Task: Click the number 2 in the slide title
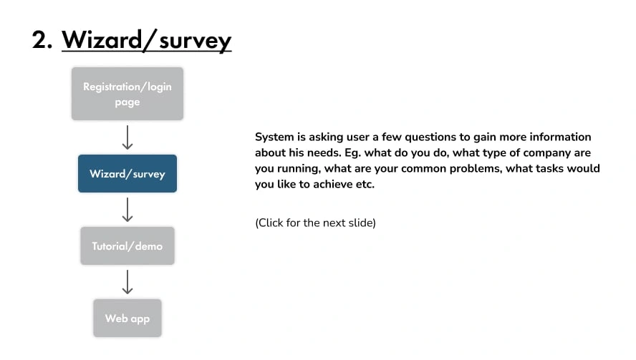pyautogui.click(x=40, y=40)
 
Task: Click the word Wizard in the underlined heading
pyautogui.click(x=102, y=40)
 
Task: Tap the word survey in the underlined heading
pyautogui.click(x=195, y=42)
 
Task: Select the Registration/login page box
pyautogui.click(x=127, y=94)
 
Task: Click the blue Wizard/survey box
pyautogui.click(x=127, y=173)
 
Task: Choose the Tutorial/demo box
pyautogui.click(x=127, y=245)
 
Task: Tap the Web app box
pyautogui.click(x=127, y=318)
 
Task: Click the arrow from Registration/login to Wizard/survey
pyautogui.click(x=127, y=137)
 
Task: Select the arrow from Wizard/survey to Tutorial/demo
pyautogui.click(x=127, y=210)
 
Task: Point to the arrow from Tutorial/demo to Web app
pyautogui.click(x=127, y=282)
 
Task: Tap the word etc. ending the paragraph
pyautogui.click(x=365, y=185)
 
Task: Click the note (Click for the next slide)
pyautogui.click(x=316, y=223)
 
